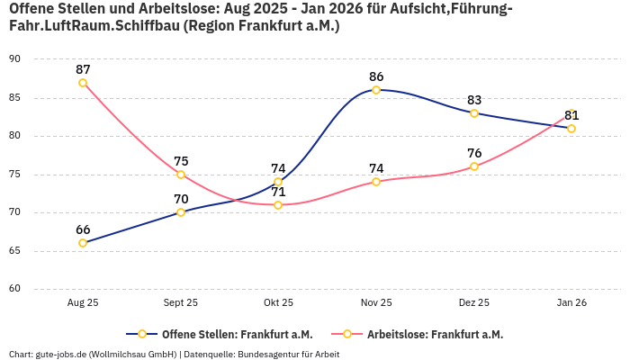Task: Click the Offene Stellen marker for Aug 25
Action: (x=83, y=243)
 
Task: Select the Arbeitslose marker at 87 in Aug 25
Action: (x=83, y=83)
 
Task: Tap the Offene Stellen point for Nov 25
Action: (x=376, y=90)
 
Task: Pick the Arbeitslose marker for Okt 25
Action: (x=278, y=205)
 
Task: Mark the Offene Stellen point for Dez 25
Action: (x=474, y=113)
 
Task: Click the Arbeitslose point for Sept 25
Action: (x=181, y=175)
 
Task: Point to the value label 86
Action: (x=376, y=76)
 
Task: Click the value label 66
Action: (x=83, y=229)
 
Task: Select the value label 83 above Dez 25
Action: (x=474, y=100)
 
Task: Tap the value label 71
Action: (x=278, y=192)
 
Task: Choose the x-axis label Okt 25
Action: (x=278, y=303)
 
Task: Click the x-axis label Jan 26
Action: (x=571, y=303)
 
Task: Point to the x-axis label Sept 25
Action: (x=181, y=303)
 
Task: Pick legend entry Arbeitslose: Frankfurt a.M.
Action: (x=435, y=334)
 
